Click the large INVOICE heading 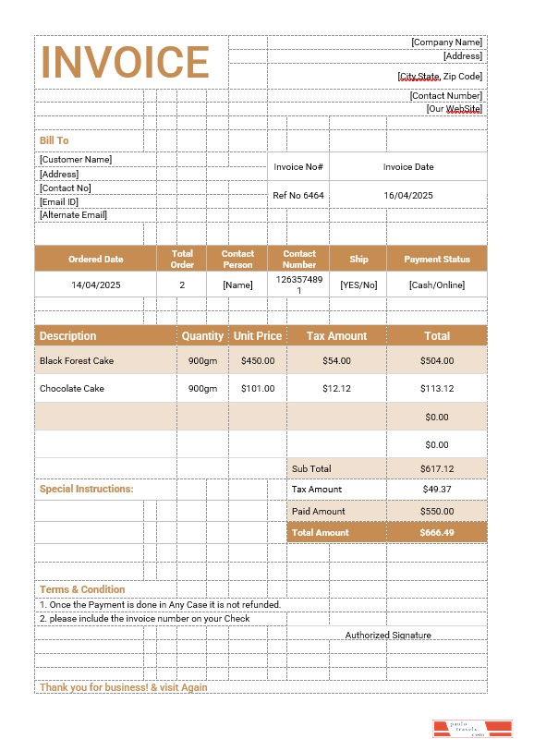coord(126,62)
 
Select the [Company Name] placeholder coord(446,42)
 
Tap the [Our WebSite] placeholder coord(454,109)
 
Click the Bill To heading coord(55,140)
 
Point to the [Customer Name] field coord(76,159)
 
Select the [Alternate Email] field coord(73,215)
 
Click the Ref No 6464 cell coord(298,196)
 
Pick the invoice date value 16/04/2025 coord(408,196)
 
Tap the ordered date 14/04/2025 coord(96,285)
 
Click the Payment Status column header coord(436,260)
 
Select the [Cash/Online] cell coord(436,285)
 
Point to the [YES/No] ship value coord(358,285)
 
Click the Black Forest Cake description coord(77,361)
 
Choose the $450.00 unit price coord(258,361)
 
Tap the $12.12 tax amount coord(336,389)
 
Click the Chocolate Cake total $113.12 coord(436,389)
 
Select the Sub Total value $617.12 coord(436,469)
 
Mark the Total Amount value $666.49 coord(436,533)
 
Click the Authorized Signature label coord(388,636)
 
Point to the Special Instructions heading coord(86,490)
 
